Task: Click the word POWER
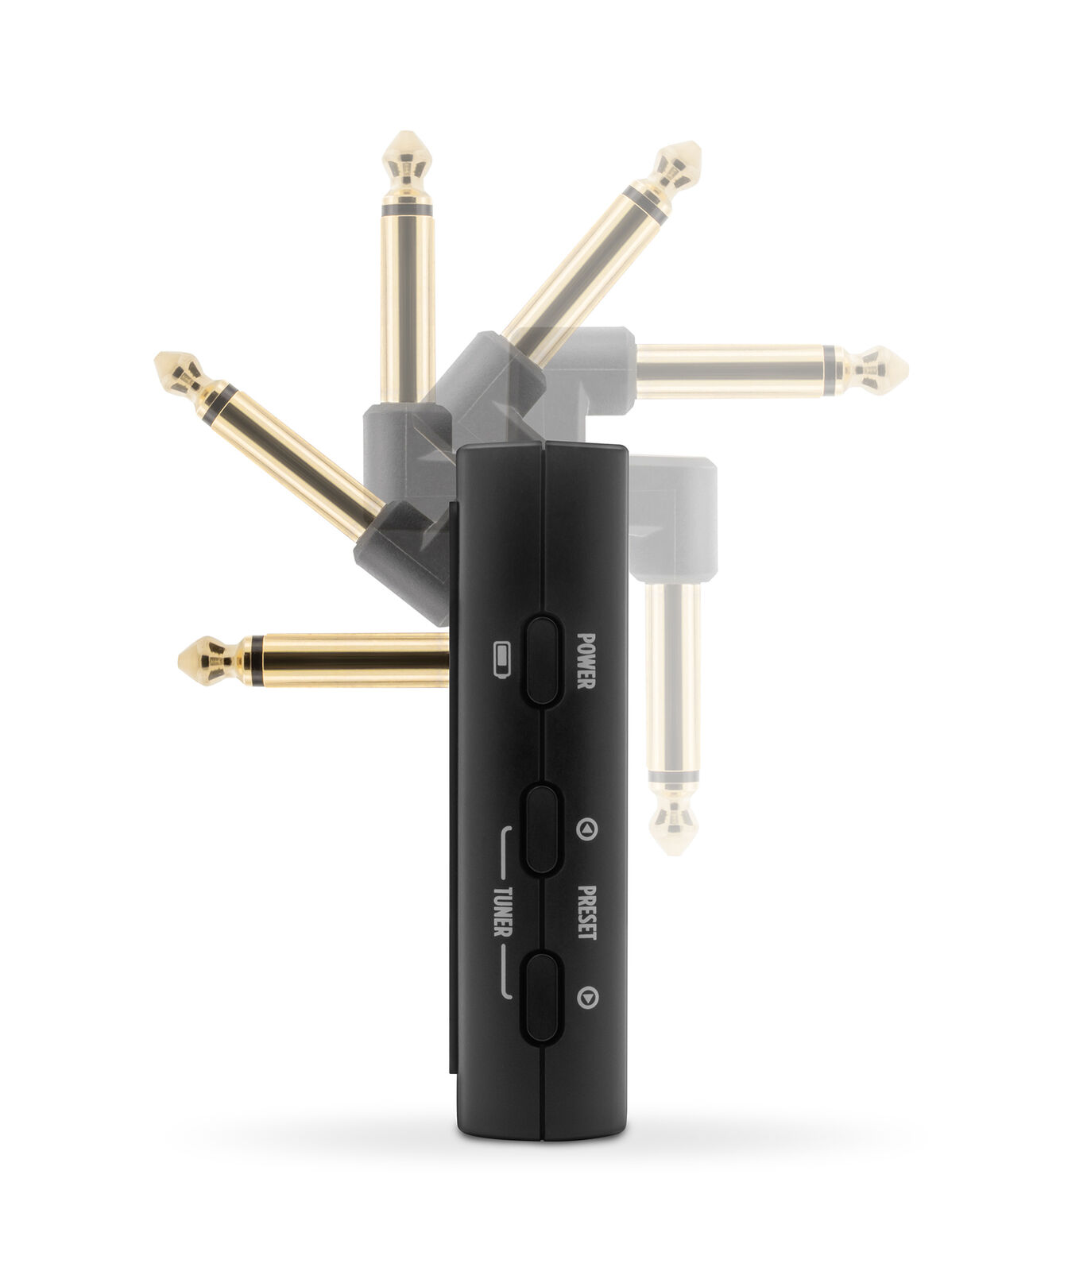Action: tap(586, 661)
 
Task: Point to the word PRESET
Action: tap(586, 912)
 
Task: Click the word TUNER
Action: tap(501, 911)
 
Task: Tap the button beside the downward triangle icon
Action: tap(543, 998)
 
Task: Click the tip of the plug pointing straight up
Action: tap(407, 133)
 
